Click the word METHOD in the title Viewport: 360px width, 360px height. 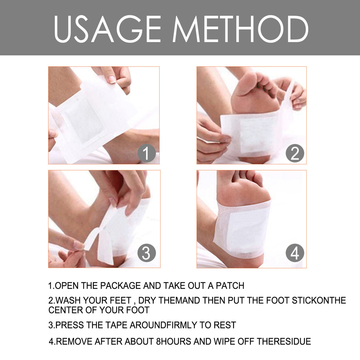(x=240, y=29)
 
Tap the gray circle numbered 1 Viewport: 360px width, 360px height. (x=146, y=153)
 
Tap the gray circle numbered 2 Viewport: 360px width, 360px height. (x=295, y=153)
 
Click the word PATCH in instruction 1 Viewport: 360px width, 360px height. (x=230, y=286)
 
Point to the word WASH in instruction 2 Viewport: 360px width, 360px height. (x=68, y=300)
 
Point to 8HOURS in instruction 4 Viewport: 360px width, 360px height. (x=173, y=341)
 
